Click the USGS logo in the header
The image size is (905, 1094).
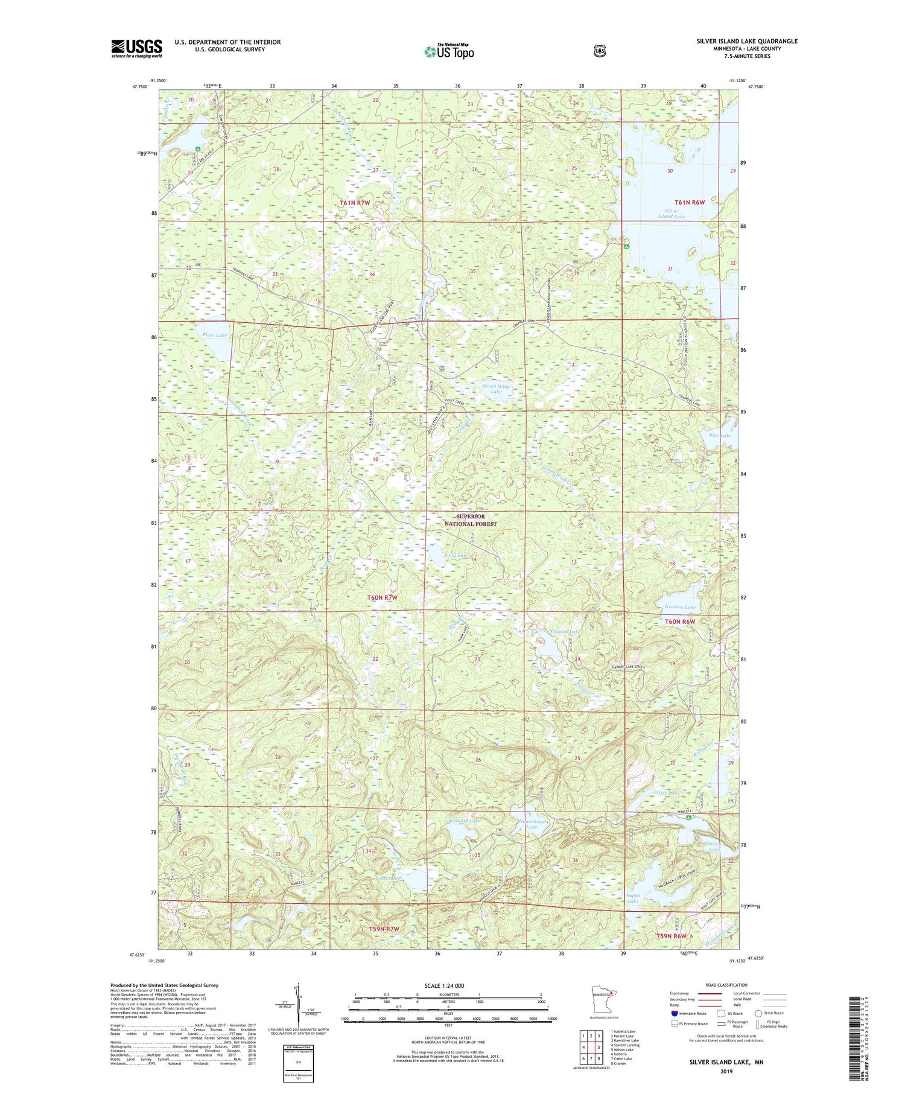(x=136, y=48)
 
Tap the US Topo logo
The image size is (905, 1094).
(x=449, y=51)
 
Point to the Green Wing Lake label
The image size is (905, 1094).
(x=496, y=389)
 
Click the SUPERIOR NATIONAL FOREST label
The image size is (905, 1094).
(x=471, y=520)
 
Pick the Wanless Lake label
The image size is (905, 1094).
(x=679, y=607)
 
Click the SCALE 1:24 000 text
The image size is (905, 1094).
(x=448, y=985)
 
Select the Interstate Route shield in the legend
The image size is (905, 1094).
(x=675, y=1014)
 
